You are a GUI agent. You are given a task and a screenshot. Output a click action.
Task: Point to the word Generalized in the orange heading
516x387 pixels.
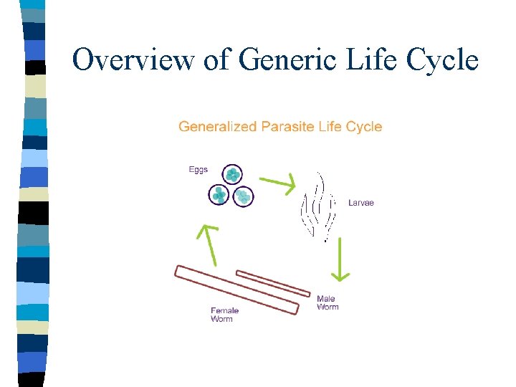click(x=217, y=127)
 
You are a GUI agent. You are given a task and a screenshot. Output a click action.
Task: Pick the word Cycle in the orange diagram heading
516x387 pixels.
click(x=363, y=127)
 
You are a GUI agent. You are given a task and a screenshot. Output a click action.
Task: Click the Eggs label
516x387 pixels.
click(x=198, y=170)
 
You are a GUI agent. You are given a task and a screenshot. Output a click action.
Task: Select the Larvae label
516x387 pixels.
click(x=361, y=203)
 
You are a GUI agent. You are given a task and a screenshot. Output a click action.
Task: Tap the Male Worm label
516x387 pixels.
click(x=327, y=302)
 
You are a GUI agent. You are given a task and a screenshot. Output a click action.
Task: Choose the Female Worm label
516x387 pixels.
click(x=224, y=315)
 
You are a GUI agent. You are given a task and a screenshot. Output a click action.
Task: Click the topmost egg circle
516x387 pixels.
click(x=232, y=174)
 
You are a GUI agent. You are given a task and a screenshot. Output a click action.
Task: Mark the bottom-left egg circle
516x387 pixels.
click(x=219, y=194)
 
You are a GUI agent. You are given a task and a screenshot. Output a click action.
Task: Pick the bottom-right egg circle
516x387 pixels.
click(x=244, y=196)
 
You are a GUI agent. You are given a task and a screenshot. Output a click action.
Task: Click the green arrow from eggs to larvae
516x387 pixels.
click(x=277, y=183)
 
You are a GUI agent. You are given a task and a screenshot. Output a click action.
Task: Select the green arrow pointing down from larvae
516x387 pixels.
click(x=340, y=259)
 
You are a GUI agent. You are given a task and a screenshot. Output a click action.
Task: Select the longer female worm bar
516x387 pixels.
click(x=236, y=290)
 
